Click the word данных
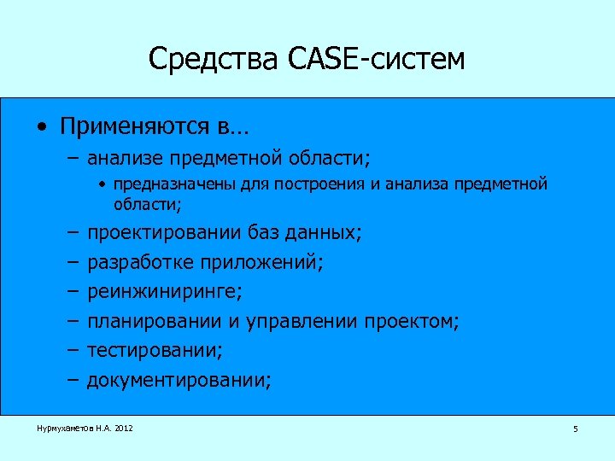pos(329,232)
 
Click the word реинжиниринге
pos(165,292)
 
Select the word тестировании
pos(150,351)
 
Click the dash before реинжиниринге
pos(72,292)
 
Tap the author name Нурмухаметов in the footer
pos(61,428)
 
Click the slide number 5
pos(575,429)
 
